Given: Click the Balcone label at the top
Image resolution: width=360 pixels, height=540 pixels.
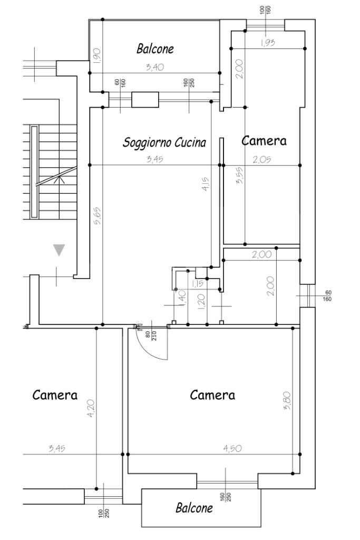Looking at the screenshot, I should coord(155,49).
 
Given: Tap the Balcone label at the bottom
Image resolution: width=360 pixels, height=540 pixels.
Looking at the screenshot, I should coord(194,508).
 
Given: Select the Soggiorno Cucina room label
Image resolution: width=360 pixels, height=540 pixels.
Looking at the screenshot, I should coord(164,142).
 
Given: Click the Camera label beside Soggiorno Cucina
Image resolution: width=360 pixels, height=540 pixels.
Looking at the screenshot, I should coord(264,141).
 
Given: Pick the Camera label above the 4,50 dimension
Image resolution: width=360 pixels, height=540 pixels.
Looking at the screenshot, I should coord(212,395).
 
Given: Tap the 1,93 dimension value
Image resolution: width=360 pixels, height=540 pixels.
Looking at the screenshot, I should coord(268,43).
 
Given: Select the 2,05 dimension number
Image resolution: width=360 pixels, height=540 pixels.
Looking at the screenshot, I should coord(261,160).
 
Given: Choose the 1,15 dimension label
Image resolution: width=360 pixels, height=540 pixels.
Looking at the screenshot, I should coord(198,284).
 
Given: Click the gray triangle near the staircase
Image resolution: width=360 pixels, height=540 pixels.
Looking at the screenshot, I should coord(59,250).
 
